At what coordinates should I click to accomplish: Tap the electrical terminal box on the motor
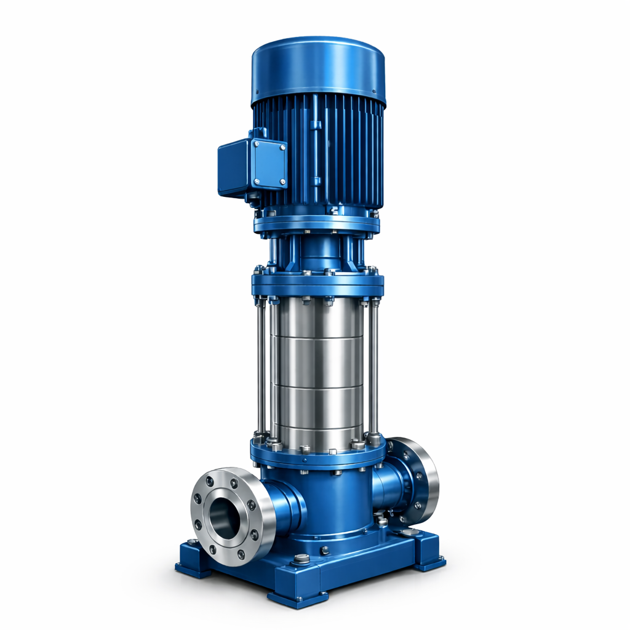pyautogui.click(x=252, y=165)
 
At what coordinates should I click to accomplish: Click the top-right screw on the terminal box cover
pyautogui.click(x=283, y=148)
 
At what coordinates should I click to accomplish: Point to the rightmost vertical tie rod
pyautogui.click(x=372, y=369)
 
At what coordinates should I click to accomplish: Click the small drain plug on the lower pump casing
pyautogui.click(x=325, y=551)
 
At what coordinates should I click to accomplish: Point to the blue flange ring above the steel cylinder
pyautogui.click(x=317, y=285)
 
